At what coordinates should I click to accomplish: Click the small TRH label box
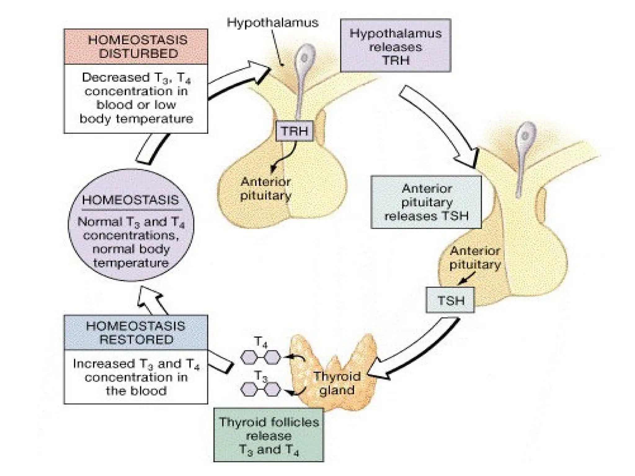point(294,131)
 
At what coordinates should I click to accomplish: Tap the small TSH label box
point(450,300)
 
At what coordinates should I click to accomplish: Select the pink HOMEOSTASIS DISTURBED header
point(136,47)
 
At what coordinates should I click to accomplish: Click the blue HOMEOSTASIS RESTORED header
point(136,333)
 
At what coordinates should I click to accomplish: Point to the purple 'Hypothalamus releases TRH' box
point(396,46)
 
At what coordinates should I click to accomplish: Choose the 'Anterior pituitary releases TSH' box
point(426,202)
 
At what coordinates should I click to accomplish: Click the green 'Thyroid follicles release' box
point(269,435)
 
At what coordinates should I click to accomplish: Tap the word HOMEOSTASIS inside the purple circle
point(131,200)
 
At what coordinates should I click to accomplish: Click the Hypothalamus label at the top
point(273,23)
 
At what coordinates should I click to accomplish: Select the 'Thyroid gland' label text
point(337,383)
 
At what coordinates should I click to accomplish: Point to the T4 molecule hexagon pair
point(261,357)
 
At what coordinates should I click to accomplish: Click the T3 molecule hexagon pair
point(261,389)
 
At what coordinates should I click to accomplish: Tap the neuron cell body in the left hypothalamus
point(304,58)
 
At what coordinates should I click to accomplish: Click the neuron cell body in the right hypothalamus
point(525,135)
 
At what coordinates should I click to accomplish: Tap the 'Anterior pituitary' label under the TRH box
point(266,189)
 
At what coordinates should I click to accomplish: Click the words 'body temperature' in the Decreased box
point(136,119)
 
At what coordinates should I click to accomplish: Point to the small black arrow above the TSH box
point(466,278)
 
